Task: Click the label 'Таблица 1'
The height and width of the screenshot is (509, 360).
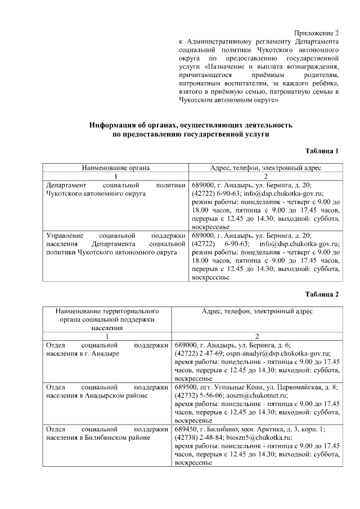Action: [322, 151]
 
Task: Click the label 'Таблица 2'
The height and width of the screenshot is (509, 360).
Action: [322, 294]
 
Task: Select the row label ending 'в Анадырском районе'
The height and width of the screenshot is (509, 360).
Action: [96, 395]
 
